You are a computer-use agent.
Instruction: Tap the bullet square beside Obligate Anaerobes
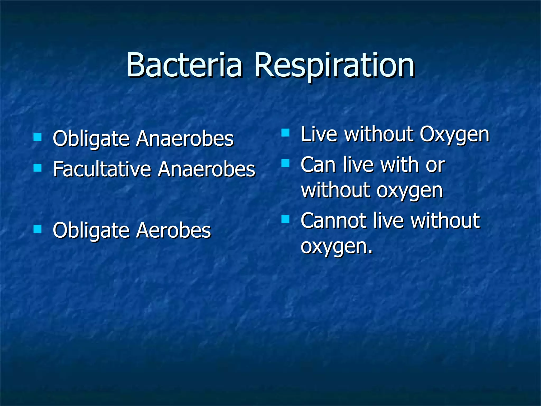tap(38, 137)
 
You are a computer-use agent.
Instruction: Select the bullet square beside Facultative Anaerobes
tap(38, 168)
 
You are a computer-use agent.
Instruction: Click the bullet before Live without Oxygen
tap(286, 132)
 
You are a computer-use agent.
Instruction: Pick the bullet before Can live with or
tap(286, 163)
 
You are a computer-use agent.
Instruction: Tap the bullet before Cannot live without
tap(286, 219)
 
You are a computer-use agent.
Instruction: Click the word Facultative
tap(102, 169)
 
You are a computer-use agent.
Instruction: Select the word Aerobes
tap(174, 230)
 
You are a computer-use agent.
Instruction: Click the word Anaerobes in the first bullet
tap(185, 138)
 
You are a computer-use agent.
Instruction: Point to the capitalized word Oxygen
tap(454, 134)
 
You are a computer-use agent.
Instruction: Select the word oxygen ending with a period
tap(337, 246)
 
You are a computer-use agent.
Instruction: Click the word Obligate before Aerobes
tap(91, 230)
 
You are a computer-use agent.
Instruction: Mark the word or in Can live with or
tap(435, 165)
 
